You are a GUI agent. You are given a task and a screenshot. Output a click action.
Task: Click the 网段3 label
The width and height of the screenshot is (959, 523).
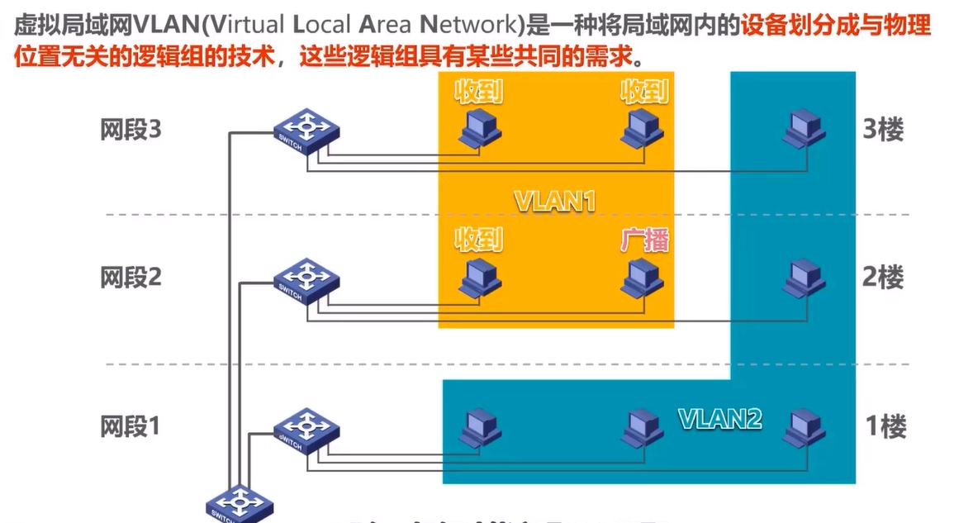coord(131,131)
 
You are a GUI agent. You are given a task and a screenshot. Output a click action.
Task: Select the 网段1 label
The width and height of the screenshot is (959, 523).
coord(131,426)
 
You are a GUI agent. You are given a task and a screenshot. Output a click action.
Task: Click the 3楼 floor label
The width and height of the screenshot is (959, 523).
coord(884,131)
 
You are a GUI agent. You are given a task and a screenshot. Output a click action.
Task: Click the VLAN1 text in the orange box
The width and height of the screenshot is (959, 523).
coord(555,202)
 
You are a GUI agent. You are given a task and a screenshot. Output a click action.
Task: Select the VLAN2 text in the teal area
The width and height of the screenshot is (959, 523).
coord(719,418)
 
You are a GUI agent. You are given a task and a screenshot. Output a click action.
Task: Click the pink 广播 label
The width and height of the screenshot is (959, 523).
coord(644,240)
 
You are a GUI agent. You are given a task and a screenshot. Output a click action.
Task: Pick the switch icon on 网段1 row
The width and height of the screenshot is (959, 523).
coord(306,427)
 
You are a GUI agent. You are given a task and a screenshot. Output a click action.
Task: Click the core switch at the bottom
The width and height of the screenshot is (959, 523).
coord(240,505)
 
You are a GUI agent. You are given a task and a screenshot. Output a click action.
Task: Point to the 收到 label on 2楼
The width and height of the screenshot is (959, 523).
coord(478,240)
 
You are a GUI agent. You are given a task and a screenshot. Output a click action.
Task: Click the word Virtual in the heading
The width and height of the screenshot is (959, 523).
coord(248,26)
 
